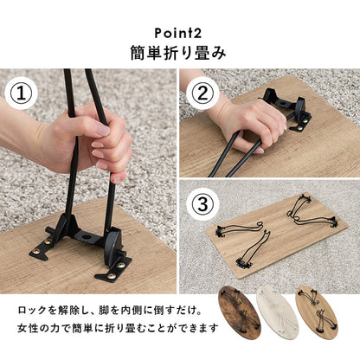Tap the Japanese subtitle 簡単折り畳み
[180, 51]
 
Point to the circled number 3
[203, 206]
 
